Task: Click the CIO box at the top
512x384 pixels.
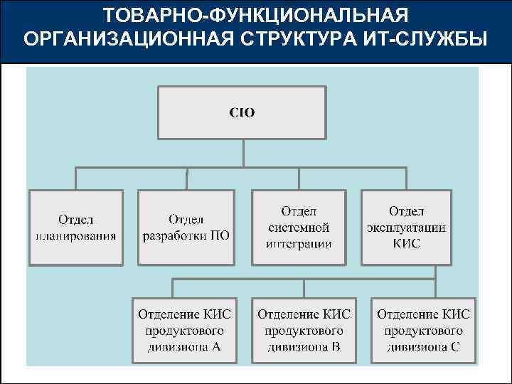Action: pos(242,112)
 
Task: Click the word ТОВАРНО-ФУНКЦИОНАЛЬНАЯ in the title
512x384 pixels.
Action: pos(256,16)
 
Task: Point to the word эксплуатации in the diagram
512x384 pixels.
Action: pos(406,228)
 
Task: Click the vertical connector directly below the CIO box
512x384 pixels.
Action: pos(242,153)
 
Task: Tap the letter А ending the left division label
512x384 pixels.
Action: pos(216,347)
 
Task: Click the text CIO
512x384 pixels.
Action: pos(242,112)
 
